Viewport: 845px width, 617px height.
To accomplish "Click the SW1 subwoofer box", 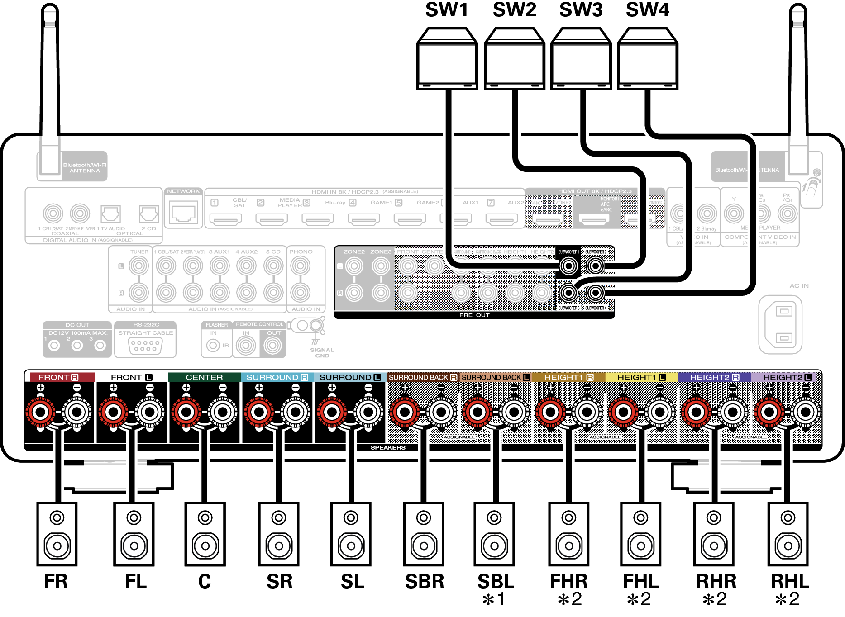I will (447, 59).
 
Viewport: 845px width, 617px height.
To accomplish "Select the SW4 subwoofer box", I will (647, 59).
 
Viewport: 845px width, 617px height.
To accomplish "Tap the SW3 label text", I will (581, 10).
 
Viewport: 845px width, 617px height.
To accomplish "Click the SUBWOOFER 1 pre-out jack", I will (568, 266).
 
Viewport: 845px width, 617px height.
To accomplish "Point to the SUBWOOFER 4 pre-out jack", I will (596, 293).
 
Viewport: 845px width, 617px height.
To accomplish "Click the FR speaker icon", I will (57, 534).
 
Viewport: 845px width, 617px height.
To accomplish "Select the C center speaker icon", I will (205, 534).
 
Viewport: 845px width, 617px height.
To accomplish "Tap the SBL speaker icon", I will (494, 534).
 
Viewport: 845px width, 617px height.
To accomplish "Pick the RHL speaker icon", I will (788, 534).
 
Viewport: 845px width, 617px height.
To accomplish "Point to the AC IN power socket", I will (780, 324).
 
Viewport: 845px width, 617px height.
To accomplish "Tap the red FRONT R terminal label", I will (58, 377).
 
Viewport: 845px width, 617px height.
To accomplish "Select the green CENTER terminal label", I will (204, 377).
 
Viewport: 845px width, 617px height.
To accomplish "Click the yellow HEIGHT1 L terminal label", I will (641, 377).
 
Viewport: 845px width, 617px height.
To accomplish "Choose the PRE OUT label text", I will (474, 315).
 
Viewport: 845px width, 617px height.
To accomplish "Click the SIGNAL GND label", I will (322, 353).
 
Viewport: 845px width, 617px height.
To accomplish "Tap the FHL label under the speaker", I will (641, 582).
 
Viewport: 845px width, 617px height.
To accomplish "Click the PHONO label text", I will (301, 252).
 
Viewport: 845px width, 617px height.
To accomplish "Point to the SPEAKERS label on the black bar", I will (388, 447).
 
